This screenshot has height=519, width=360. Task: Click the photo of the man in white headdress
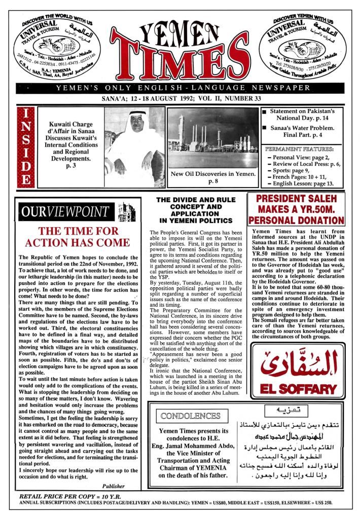point(134,144)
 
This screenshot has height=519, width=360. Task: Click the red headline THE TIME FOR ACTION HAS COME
point(74,237)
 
